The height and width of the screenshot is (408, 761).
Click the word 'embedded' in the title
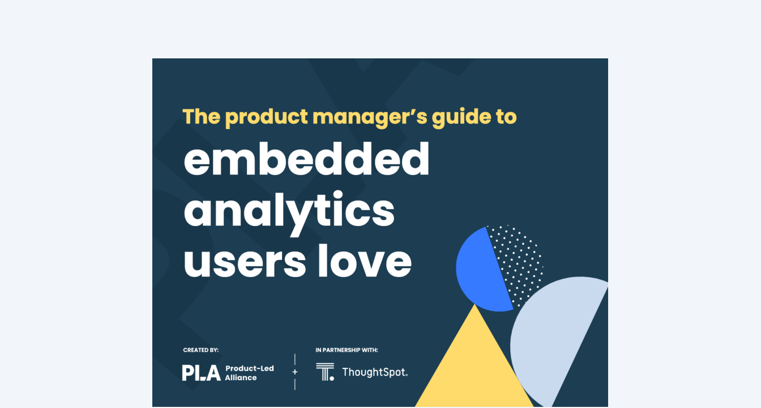point(306,159)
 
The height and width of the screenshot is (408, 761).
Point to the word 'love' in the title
point(365,261)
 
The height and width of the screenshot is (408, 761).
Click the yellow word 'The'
point(202,116)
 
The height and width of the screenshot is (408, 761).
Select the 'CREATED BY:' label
point(201,350)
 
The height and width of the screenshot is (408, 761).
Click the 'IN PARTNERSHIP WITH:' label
point(347,350)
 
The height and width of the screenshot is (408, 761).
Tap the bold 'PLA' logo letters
point(202,373)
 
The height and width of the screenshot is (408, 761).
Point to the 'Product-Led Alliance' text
point(249,373)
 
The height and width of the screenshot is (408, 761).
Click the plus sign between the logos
point(295,372)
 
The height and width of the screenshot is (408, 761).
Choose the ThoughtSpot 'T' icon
point(325,372)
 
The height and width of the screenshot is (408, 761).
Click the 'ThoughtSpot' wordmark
point(375,372)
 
